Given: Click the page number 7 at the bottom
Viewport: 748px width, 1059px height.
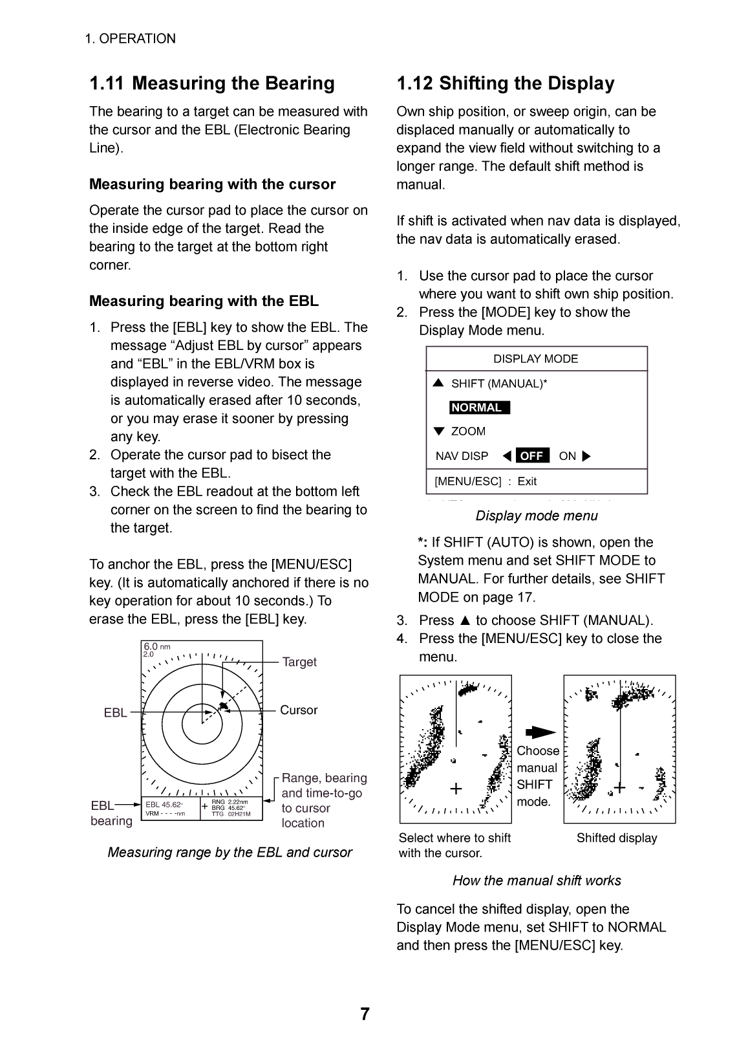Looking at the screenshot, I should coord(365,1014).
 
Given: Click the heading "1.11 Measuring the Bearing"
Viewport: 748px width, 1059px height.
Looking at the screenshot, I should coord(212,83).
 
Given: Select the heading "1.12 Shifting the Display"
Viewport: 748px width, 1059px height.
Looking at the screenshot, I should coord(505,83).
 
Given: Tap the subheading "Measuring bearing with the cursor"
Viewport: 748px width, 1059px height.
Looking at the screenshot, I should coord(212,184).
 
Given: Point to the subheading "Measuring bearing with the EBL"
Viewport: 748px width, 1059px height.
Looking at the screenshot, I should coord(204,301).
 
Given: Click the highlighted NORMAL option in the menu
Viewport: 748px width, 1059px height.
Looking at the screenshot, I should coord(480,408).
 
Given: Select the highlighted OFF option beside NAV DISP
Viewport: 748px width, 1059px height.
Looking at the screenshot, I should coord(532,456).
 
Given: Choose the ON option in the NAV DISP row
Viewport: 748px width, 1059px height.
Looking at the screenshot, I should coord(567,456).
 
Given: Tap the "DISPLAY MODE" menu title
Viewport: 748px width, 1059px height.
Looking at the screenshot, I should coord(535,359).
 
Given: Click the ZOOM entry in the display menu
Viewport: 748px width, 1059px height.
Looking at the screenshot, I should coord(468,431).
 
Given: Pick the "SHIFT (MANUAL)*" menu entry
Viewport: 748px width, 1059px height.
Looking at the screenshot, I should coord(498,384).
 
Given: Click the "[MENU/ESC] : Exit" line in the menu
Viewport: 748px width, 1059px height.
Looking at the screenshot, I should coord(486,481).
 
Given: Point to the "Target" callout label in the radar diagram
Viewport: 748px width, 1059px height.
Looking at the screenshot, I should coord(299,662).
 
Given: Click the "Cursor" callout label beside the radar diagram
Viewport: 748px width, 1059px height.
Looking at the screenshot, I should coord(299,710).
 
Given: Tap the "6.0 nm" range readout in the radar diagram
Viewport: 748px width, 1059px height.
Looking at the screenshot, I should coord(157,646).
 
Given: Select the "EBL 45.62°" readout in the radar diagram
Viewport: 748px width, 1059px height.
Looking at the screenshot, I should coord(164,805).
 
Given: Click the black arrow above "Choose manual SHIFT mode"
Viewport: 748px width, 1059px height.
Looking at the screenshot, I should coord(540,732).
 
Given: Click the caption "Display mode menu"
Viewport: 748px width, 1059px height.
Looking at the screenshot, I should coord(537,516).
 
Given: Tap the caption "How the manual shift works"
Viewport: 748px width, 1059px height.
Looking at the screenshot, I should coord(537,880).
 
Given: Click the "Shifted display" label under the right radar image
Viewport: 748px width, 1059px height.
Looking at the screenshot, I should coord(617,838).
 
